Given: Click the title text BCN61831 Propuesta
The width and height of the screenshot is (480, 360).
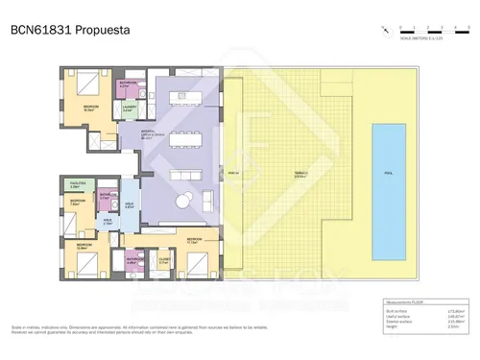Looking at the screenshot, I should click(x=68, y=30).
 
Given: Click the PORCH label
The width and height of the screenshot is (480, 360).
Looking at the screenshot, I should click(x=232, y=174).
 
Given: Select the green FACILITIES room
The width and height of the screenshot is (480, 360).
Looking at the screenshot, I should click(x=75, y=184).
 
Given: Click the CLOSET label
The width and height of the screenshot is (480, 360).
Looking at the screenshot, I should click(x=164, y=257).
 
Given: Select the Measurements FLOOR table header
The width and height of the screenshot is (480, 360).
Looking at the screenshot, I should click(x=403, y=303).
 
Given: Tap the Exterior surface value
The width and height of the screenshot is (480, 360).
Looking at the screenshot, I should click(x=454, y=324).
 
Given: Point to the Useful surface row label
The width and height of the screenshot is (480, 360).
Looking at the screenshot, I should click(x=395, y=318).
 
